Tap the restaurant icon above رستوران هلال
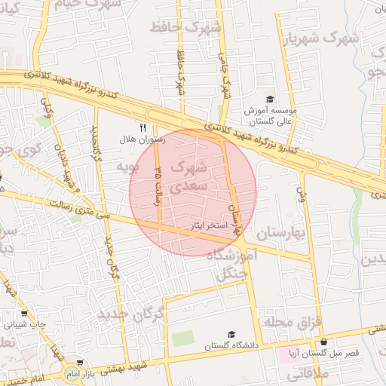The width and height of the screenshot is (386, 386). [x=142, y=127]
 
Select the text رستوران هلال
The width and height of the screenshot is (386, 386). [x=137, y=139]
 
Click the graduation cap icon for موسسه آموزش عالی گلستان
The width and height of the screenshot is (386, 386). [x=270, y=99]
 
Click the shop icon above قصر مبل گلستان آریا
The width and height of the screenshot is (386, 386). [x=323, y=342]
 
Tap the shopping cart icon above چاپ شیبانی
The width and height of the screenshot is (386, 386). [x=24, y=314]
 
